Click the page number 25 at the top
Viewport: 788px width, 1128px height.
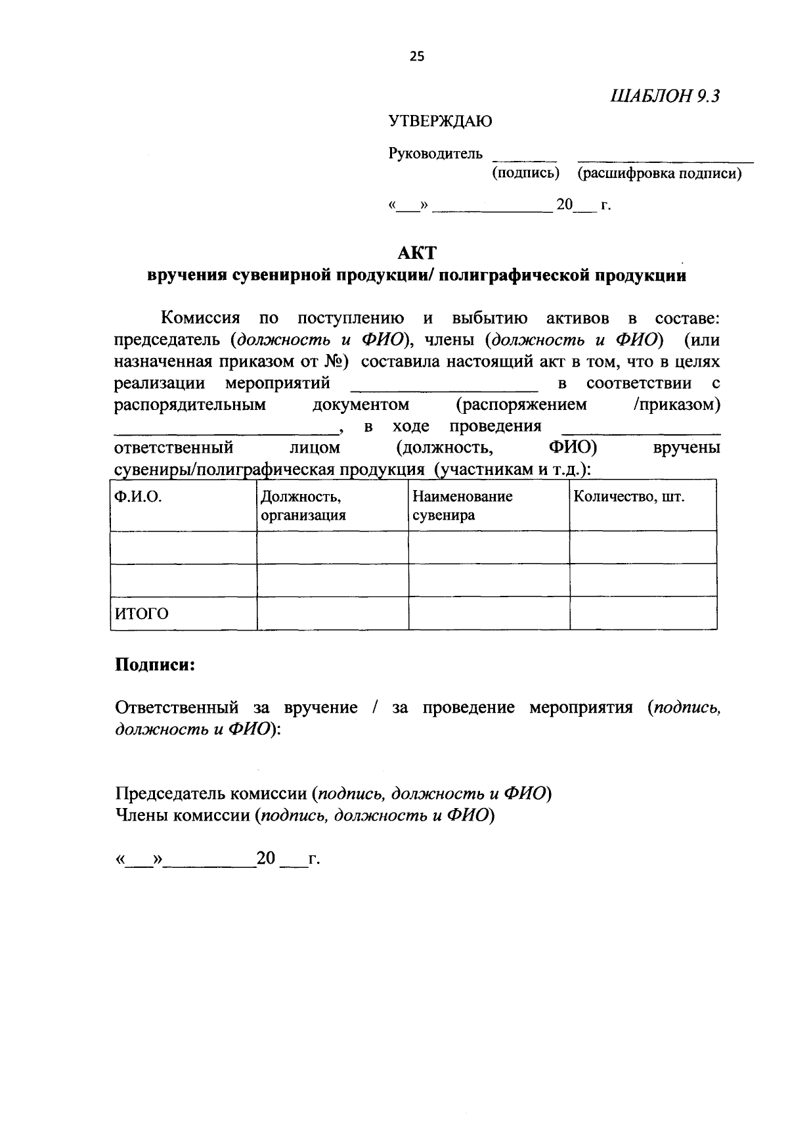(417, 56)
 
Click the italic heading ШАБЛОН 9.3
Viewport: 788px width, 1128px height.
(665, 97)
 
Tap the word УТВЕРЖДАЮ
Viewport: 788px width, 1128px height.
(439, 121)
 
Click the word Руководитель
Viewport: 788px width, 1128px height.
(435, 154)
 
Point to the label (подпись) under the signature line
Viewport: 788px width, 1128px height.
(525, 173)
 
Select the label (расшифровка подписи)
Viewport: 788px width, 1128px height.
(659, 173)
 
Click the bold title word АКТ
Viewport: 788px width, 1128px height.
(417, 252)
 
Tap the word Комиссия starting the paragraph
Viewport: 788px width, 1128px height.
(201, 319)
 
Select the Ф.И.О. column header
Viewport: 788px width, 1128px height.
(139, 497)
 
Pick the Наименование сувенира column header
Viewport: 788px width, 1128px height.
(462, 505)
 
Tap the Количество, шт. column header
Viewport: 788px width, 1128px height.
(628, 497)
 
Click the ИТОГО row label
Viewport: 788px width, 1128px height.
(142, 614)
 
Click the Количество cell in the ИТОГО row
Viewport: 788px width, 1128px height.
(642, 613)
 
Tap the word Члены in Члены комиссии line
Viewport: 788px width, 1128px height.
(140, 815)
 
